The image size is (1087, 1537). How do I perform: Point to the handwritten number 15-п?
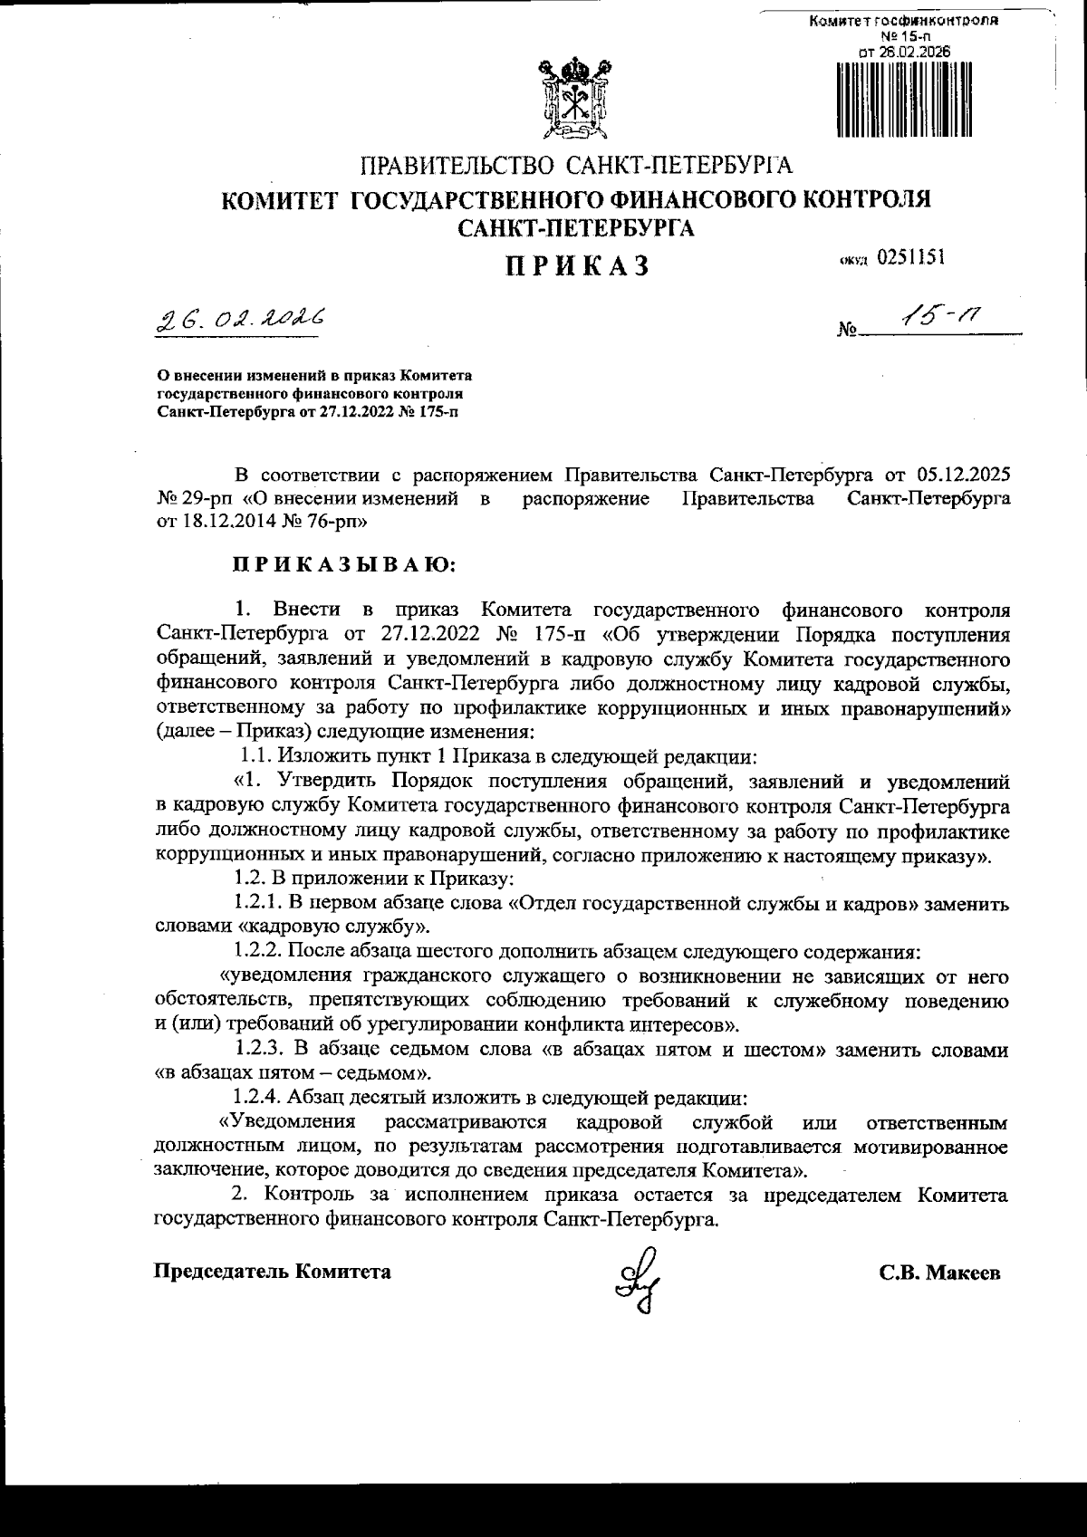click(939, 316)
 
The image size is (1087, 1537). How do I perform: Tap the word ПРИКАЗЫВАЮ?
click(346, 565)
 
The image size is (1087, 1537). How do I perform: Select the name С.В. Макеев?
click(939, 1273)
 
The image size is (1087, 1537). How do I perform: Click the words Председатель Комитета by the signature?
click(274, 1272)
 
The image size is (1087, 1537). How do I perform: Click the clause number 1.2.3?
click(258, 1050)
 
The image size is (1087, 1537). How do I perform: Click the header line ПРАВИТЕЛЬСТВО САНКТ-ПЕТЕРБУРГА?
click(577, 166)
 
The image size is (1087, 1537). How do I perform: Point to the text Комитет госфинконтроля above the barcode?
click(904, 21)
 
